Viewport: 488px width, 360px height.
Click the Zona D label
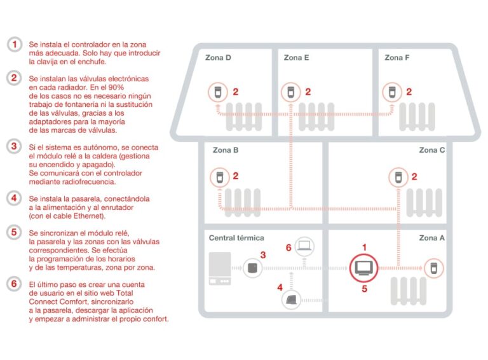point(218,58)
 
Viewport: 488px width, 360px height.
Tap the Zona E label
point(297,58)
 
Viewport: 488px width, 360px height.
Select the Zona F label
point(397,58)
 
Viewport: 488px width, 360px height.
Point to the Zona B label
point(226,151)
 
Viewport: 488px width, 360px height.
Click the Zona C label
point(432,151)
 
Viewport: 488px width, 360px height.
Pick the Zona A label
point(432,238)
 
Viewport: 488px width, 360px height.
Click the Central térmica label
point(236,238)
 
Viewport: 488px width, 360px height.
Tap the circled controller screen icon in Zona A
point(363,267)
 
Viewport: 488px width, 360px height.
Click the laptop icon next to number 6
point(306,246)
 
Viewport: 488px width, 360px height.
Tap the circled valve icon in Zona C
point(398,176)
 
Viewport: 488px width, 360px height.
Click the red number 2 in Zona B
point(235,176)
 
